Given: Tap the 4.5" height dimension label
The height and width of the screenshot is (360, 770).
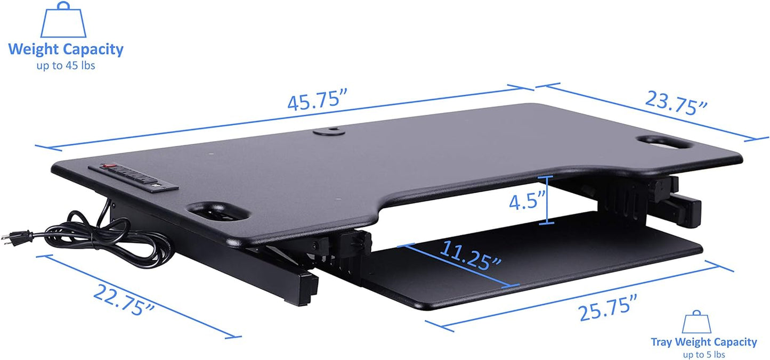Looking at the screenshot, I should (526, 202).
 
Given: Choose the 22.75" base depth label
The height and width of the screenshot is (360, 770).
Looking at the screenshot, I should (124, 300).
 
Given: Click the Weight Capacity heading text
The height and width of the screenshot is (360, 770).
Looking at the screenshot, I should (66, 50).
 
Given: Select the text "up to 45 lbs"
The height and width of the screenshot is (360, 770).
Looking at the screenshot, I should (66, 66).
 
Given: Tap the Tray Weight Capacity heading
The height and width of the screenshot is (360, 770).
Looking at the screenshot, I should (703, 342).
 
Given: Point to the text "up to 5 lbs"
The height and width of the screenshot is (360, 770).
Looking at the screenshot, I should (703, 354).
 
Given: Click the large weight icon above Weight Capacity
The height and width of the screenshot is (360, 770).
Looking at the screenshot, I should (63, 20).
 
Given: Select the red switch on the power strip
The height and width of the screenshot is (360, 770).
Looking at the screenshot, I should (108, 166).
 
